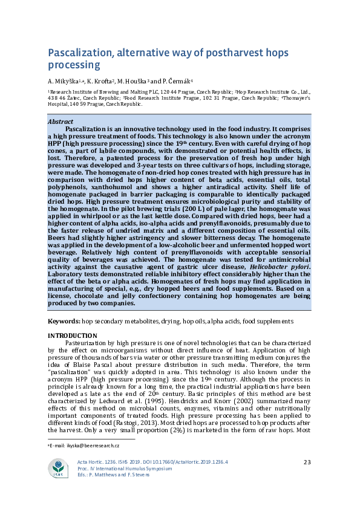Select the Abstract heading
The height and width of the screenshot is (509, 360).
(x=60, y=122)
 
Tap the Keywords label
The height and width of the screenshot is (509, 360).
(x=64, y=320)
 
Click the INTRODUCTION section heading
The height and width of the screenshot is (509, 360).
(x=72, y=336)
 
